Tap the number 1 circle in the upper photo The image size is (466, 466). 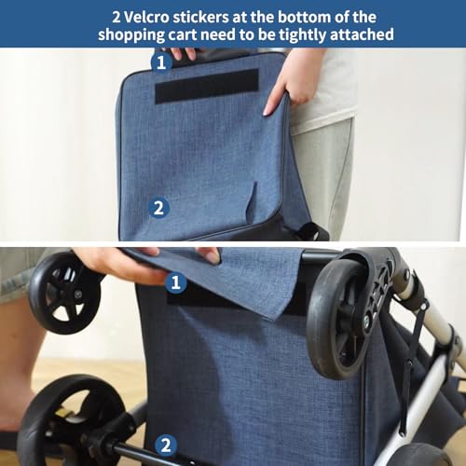click(x=161, y=62)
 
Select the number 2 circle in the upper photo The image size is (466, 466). click(x=158, y=208)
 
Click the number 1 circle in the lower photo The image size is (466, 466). click(x=173, y=280)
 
